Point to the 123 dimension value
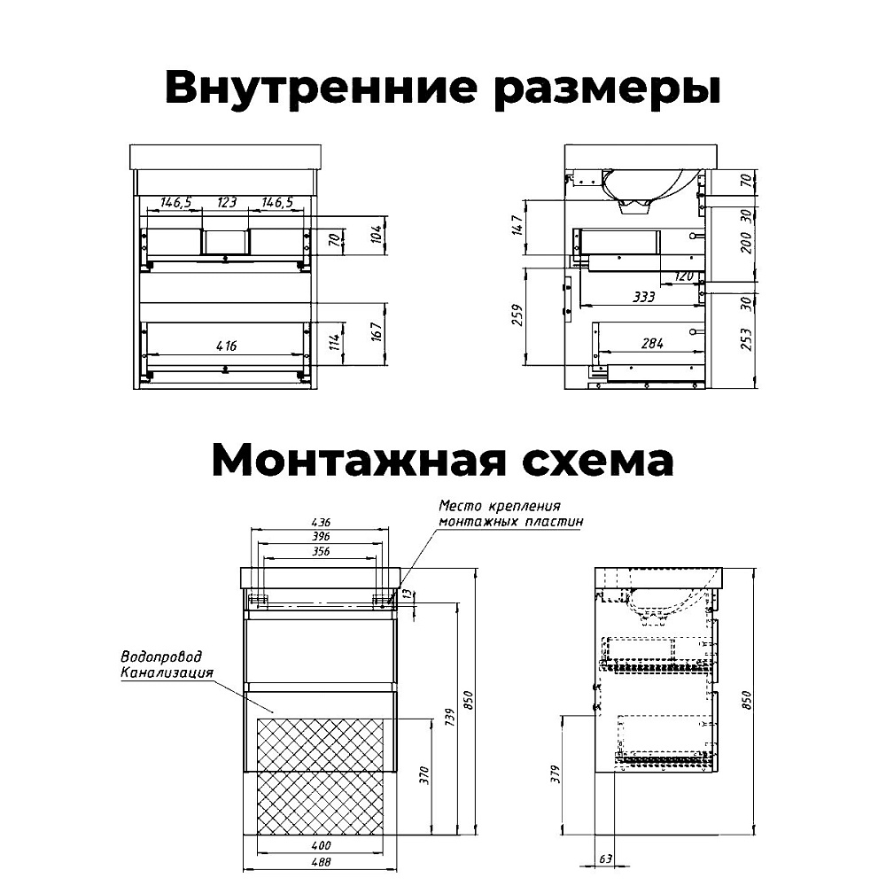(x=227, y=203)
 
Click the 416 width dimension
(x=227, y=346)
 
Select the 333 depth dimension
(x=644, y=298)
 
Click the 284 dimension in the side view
(x=653, y=343)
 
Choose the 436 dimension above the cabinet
(x=321, y=524)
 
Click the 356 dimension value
(x=321, y=551)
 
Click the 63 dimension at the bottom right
(x=605, y=859)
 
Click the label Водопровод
(x=160, y=657)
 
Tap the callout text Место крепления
(x=500, y=506)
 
